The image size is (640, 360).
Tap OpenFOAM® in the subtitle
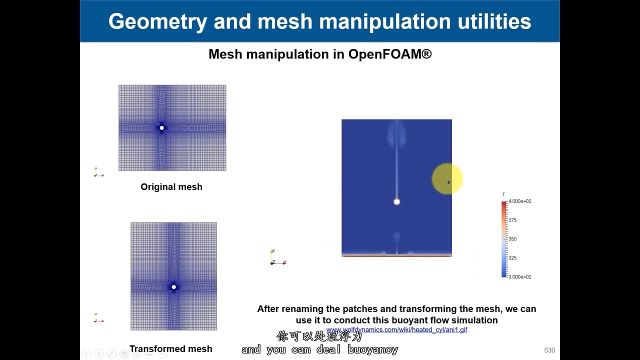(389, 54)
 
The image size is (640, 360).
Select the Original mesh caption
(171, 187)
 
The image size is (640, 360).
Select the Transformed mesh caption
(170, 349)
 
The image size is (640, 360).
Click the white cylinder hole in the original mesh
(161, 128)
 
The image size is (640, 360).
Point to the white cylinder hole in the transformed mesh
(173, 287)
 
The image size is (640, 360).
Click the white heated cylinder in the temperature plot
(396, 201)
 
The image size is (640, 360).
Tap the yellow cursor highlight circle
(447, 179)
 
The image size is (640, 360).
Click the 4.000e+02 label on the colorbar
(519, 201)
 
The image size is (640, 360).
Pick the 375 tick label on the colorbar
(512, 220)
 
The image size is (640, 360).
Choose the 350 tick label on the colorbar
(512, 239)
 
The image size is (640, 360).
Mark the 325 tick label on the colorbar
(512, 258)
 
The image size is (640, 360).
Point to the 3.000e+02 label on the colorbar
(519, 277)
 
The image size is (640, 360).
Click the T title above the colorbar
(503, 194)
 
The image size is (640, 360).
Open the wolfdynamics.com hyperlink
(396, 330)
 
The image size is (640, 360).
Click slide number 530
(549, 350)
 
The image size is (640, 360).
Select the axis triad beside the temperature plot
(276, 258)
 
